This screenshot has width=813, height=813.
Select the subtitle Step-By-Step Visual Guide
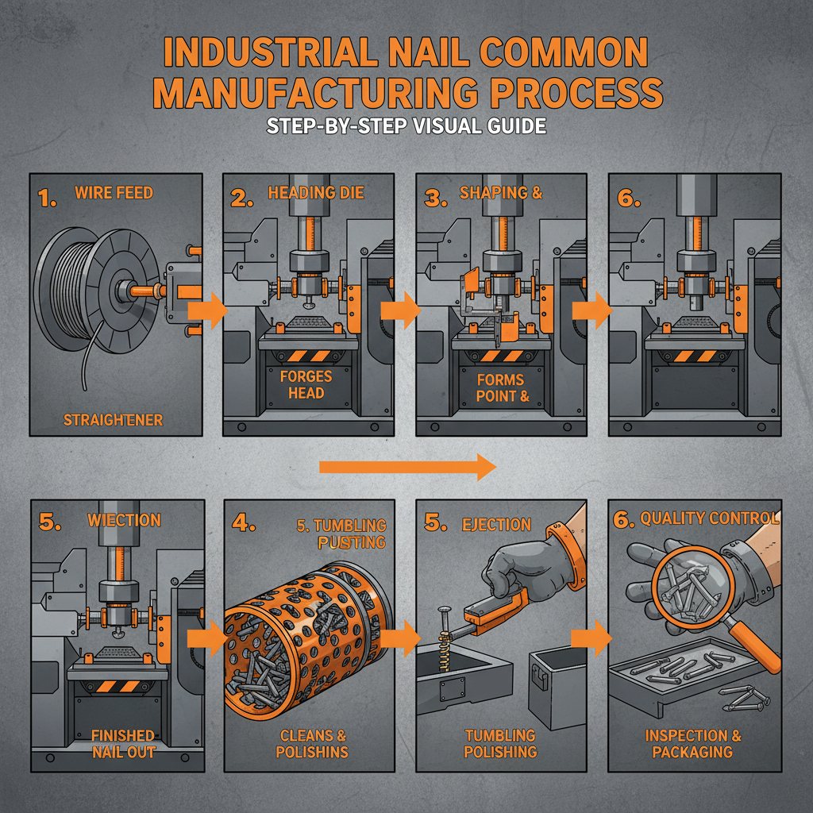[406, 126]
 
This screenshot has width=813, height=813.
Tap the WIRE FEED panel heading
[114, 192]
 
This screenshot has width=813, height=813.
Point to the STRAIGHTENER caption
[114, 419]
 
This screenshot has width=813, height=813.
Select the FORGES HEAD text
[306, 385]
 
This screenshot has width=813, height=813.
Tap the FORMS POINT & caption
[502, 388]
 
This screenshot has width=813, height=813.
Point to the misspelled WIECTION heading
[125, 520]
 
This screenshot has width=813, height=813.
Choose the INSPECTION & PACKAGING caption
[693, 743]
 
